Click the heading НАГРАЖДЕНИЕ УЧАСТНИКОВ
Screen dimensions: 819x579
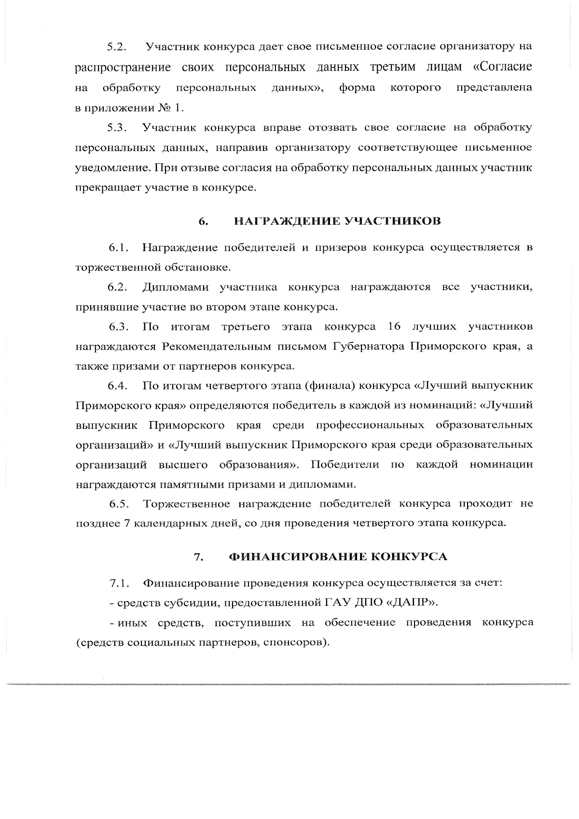(337, 221)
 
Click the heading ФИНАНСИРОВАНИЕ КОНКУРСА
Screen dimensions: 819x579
(338, 557)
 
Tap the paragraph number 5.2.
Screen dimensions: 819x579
(117, 47)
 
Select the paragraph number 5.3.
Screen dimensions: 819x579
(117, 128)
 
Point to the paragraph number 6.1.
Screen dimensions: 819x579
(118, 248)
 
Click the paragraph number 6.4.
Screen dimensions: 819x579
(118, 386)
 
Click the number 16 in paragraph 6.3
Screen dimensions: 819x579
(394, 327)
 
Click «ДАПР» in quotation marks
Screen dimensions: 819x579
(413, 603)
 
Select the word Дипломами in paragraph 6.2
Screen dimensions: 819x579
(176, 287)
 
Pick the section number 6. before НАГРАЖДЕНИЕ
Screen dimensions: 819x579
(203, 222)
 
